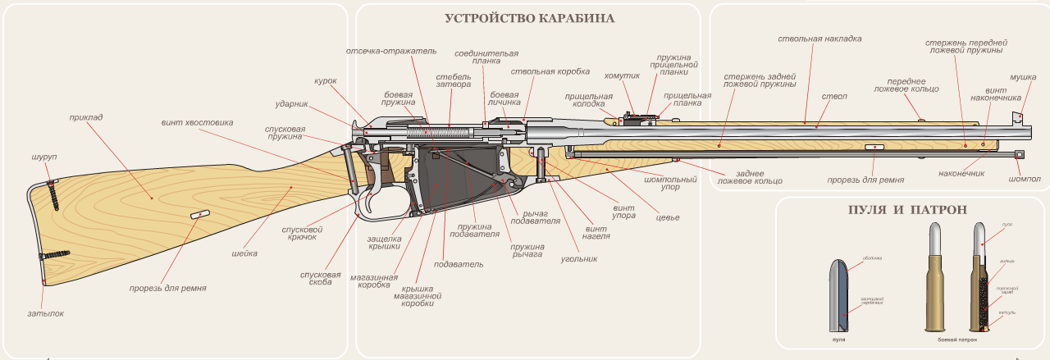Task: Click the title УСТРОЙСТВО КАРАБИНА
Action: click(x=529, y=18)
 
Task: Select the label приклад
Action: click(x=86, y=117)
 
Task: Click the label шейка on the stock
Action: click(x=244, y=253)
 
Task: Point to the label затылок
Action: click(x=44, y=313)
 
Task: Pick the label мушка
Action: click(x=1022, y=76)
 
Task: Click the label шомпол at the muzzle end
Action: click(x=1025, y=179)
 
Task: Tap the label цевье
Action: click(x=667, y=218)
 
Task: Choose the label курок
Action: click(x=326, y=81)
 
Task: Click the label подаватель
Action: click(x=459, y=264)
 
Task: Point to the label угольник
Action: click(x=578, y=258)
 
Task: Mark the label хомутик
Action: click(x=621, y=76)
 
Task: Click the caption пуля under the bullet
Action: click(x=839, y=339)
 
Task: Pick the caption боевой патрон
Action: click(x=958, y=339)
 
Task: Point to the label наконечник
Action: click(x=961, y=173)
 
